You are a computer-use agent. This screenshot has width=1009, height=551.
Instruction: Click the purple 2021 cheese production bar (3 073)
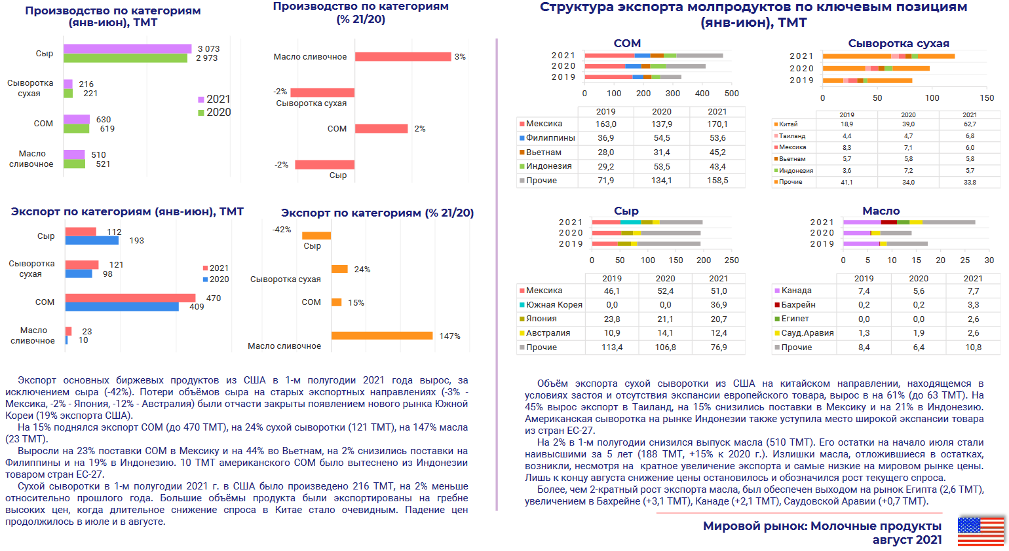coord(127,49)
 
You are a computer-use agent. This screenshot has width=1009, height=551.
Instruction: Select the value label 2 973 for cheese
coord(206,58)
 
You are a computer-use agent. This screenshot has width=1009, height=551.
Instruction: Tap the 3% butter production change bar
coord(403,57)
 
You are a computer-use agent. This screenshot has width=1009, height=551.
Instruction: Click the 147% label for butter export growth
coord(449,336)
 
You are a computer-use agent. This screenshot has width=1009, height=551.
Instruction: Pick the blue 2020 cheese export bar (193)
coord(92,241)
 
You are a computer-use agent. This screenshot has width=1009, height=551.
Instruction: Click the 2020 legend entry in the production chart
coord(214,113)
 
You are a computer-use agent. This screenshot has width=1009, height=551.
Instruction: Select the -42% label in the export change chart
coord(282,230)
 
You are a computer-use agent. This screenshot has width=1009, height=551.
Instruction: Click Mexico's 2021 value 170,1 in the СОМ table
coord(717,124)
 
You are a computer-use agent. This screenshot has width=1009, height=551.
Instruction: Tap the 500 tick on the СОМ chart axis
coord(732,94)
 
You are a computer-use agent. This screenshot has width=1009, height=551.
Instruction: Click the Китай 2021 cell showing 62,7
coord(970,124)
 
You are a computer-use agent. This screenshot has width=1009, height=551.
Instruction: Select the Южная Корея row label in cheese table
coord(554,305)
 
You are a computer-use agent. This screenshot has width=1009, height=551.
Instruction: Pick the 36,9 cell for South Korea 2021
coord(719,305)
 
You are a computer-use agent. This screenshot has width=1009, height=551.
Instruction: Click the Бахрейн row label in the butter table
coord(798,305)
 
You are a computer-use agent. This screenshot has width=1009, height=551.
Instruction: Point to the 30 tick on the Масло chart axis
coord(989,260)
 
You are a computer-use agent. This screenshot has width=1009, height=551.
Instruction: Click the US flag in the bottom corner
coord(981,531)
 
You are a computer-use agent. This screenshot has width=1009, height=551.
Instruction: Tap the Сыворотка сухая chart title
coord(898,44)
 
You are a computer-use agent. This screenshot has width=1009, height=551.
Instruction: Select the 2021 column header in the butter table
coord(973,279)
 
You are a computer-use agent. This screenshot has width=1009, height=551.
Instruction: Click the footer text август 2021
coord(907,540)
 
